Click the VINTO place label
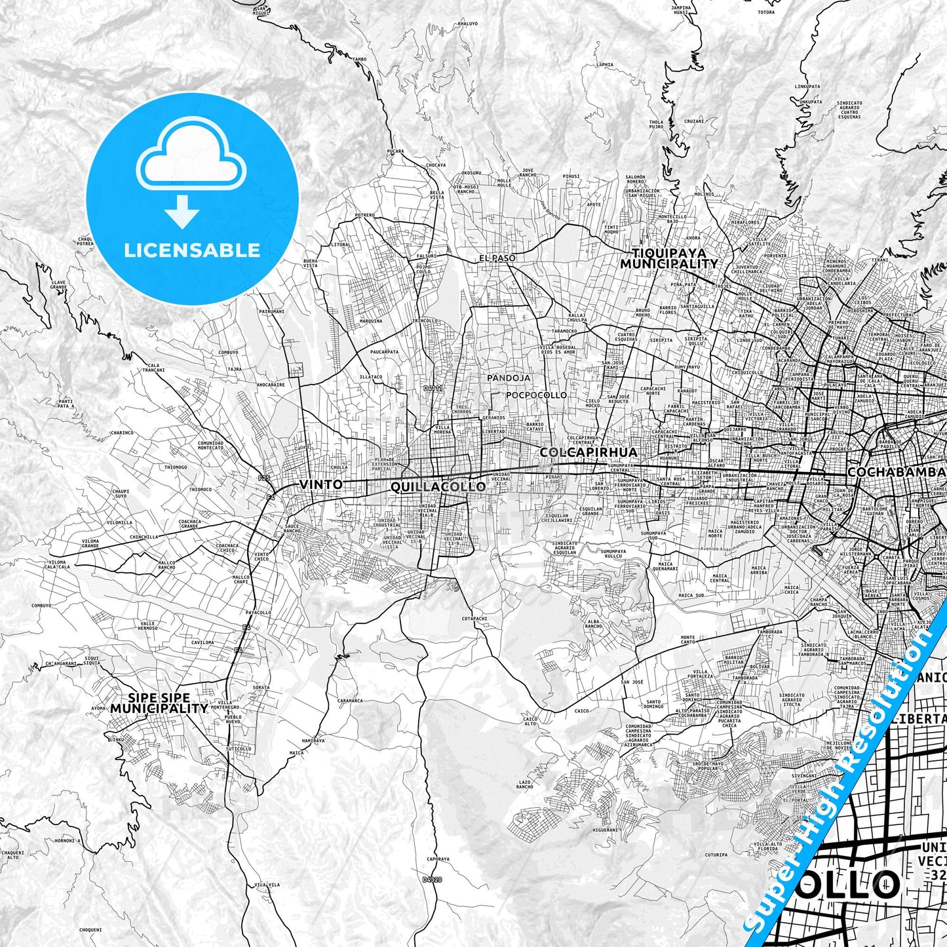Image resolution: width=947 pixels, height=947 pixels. [320, 484]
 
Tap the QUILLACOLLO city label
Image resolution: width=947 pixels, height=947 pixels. [438, 486]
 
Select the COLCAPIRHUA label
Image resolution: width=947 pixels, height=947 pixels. [589, 452]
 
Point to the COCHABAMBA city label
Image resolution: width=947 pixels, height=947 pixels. [897, 472]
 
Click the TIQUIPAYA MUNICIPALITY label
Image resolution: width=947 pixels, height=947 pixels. [669, 258]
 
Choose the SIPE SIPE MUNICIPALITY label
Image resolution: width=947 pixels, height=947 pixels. [159, 703]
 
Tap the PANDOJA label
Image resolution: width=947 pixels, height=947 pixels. [509, 378]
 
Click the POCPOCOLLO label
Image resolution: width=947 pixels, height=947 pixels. [536, 395]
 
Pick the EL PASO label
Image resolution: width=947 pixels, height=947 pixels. [497, 258]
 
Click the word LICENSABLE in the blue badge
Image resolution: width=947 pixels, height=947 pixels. [192, 250]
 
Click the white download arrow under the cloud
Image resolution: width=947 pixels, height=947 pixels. [182, 213]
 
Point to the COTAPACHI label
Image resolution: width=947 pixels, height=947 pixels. [474, 618]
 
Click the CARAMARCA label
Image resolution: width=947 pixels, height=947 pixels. [350, 700]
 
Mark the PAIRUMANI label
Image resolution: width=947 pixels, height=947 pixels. [271, 311]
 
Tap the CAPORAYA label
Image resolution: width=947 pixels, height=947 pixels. [438, 859]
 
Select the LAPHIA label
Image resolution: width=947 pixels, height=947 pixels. [605, 65]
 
